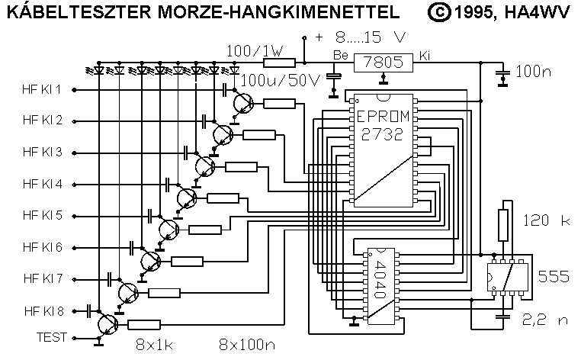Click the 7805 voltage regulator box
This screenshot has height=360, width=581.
coord(384,61)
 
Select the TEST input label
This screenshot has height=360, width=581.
coord(52,336)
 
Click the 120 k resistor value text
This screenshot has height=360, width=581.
coord(547,221)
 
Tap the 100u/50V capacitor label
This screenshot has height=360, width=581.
coord(280,81)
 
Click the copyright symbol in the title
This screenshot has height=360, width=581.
coord(438,12)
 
